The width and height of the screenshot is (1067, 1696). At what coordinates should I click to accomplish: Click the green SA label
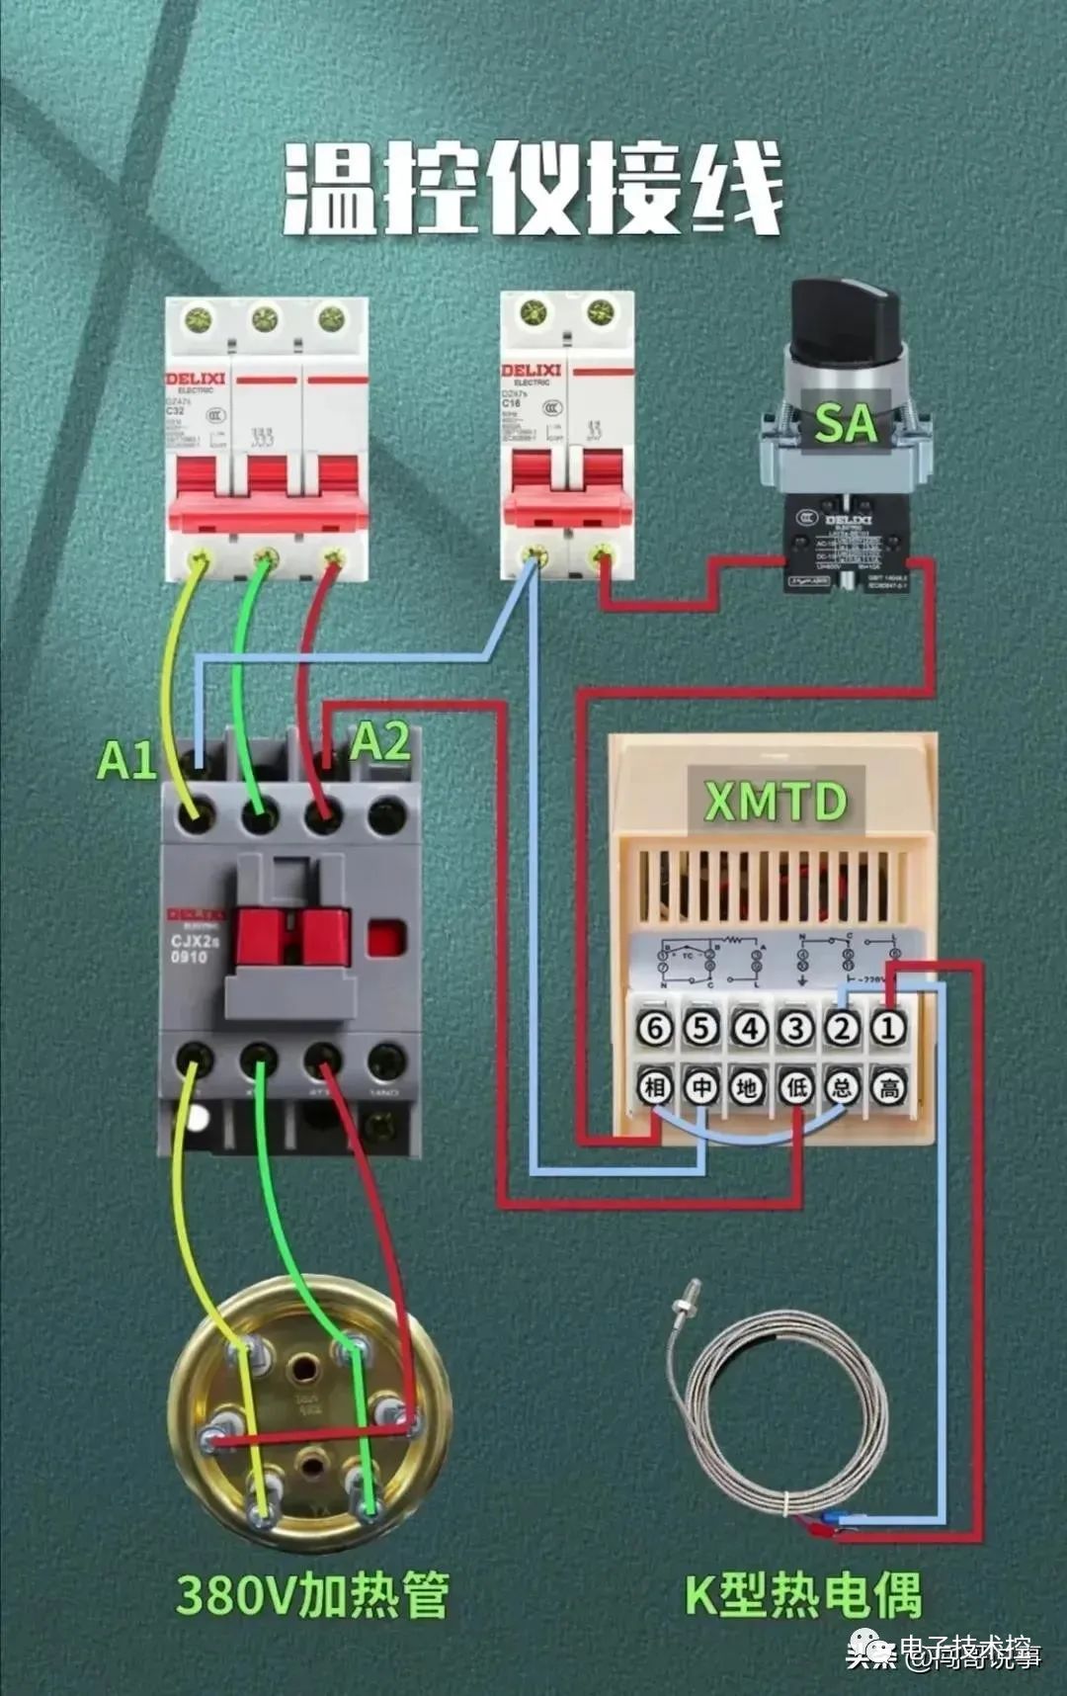click(845, 424)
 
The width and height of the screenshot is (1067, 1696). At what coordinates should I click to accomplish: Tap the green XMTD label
click(776, 801)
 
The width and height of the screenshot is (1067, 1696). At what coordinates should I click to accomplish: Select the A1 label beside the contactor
click(126, 760)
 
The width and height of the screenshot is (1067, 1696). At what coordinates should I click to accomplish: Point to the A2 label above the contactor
click(380, 741)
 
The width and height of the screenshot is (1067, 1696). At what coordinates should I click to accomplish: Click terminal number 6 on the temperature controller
click(654, 1029)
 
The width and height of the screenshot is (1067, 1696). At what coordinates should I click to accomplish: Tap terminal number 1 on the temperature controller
click(888, 1029)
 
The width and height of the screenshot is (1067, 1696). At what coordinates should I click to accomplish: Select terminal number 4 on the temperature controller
click(748, 1029)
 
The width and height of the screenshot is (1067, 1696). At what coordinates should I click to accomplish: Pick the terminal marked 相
click(654, 1088)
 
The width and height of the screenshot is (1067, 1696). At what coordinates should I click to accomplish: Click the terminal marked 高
click(888, 1088)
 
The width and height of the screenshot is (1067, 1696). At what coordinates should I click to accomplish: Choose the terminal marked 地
click(748, 1088)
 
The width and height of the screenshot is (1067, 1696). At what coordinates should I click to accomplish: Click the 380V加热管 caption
click(312, 1594)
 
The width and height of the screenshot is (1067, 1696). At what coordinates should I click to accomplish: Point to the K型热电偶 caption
click(803, 1594)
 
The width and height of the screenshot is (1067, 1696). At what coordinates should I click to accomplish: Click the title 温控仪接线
click(533, 189)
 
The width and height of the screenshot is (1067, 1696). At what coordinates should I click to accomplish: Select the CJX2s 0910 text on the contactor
click(189, 949)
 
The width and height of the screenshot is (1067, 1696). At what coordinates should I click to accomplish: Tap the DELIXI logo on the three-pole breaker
click(195, 378)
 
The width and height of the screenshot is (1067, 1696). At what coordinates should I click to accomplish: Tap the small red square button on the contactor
click(387, 938)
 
